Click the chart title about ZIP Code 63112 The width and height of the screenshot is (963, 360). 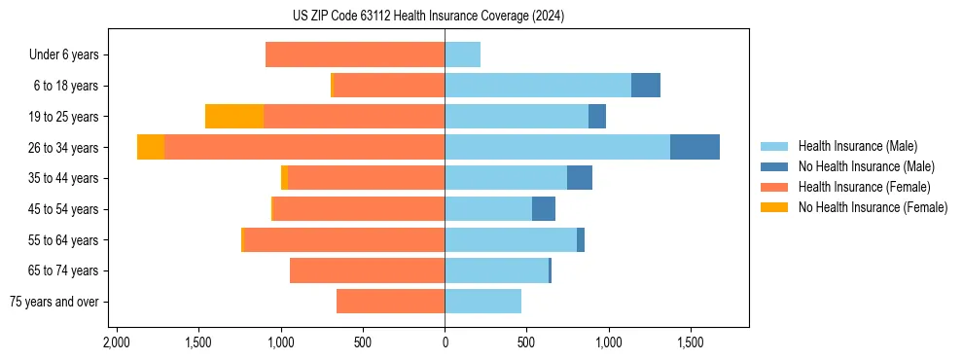click(x=428, y=17)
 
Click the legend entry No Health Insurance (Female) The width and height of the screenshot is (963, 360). click(x=873, y=207)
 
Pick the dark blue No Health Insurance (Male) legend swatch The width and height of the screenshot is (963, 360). click(x=774, y=166)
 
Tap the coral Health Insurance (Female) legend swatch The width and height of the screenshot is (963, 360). click(x=774, y=187)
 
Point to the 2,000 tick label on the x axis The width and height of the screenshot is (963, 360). click(x=117, y=343)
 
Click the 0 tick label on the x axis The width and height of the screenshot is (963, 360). click(x=445, y=343)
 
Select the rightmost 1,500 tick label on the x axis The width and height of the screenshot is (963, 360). click(x=691, y=343)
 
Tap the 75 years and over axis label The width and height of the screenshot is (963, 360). click(x=54, y=302)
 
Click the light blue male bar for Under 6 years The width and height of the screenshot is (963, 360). click(x=463, y=55)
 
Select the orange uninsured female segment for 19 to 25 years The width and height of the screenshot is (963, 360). click(x=234, y=117)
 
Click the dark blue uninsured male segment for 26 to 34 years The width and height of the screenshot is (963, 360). click(x=695, y=148)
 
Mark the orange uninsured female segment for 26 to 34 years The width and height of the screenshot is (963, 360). click(x=151, y=148)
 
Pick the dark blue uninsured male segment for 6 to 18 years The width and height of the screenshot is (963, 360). click(x=646, y=86)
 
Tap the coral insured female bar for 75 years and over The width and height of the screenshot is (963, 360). click(x=391, y=302)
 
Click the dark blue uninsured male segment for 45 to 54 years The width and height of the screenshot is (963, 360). click(x=544, y=209)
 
